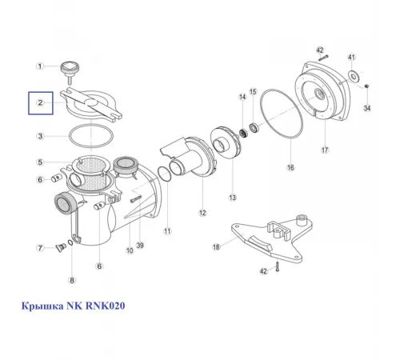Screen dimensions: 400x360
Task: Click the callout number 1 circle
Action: coord(40,66)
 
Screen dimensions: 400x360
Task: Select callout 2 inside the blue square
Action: coord(40,102)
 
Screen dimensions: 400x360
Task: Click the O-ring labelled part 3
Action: coord(91,136)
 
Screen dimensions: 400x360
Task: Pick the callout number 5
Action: coord(40,162)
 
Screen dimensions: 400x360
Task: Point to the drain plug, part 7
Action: coord(61,248)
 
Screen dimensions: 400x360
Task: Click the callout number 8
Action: coord(72,280)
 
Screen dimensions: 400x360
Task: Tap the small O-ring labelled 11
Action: coord(164,174)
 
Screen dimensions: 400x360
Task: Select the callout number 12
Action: coord(202,213)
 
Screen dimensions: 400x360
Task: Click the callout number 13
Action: coord(233,198)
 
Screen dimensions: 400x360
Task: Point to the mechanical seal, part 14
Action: coord(243,133)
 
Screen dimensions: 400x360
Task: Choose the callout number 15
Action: coord(253,92)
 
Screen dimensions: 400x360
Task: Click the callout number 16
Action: coord(290,167)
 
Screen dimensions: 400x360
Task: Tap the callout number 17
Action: coord(325,150)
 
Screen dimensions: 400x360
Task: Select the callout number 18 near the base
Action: coord(216,247)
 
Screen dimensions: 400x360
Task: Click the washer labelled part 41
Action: coord(354,76)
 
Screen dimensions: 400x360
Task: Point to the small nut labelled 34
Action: coord(366,86)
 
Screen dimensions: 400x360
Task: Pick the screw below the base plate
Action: coord(278,267)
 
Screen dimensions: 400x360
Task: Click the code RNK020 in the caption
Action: coord(105,306)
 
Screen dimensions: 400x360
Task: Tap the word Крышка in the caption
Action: coord(42,306)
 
